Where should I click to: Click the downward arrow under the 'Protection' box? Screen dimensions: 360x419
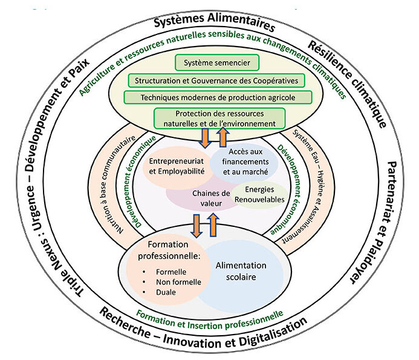(204, 139)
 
